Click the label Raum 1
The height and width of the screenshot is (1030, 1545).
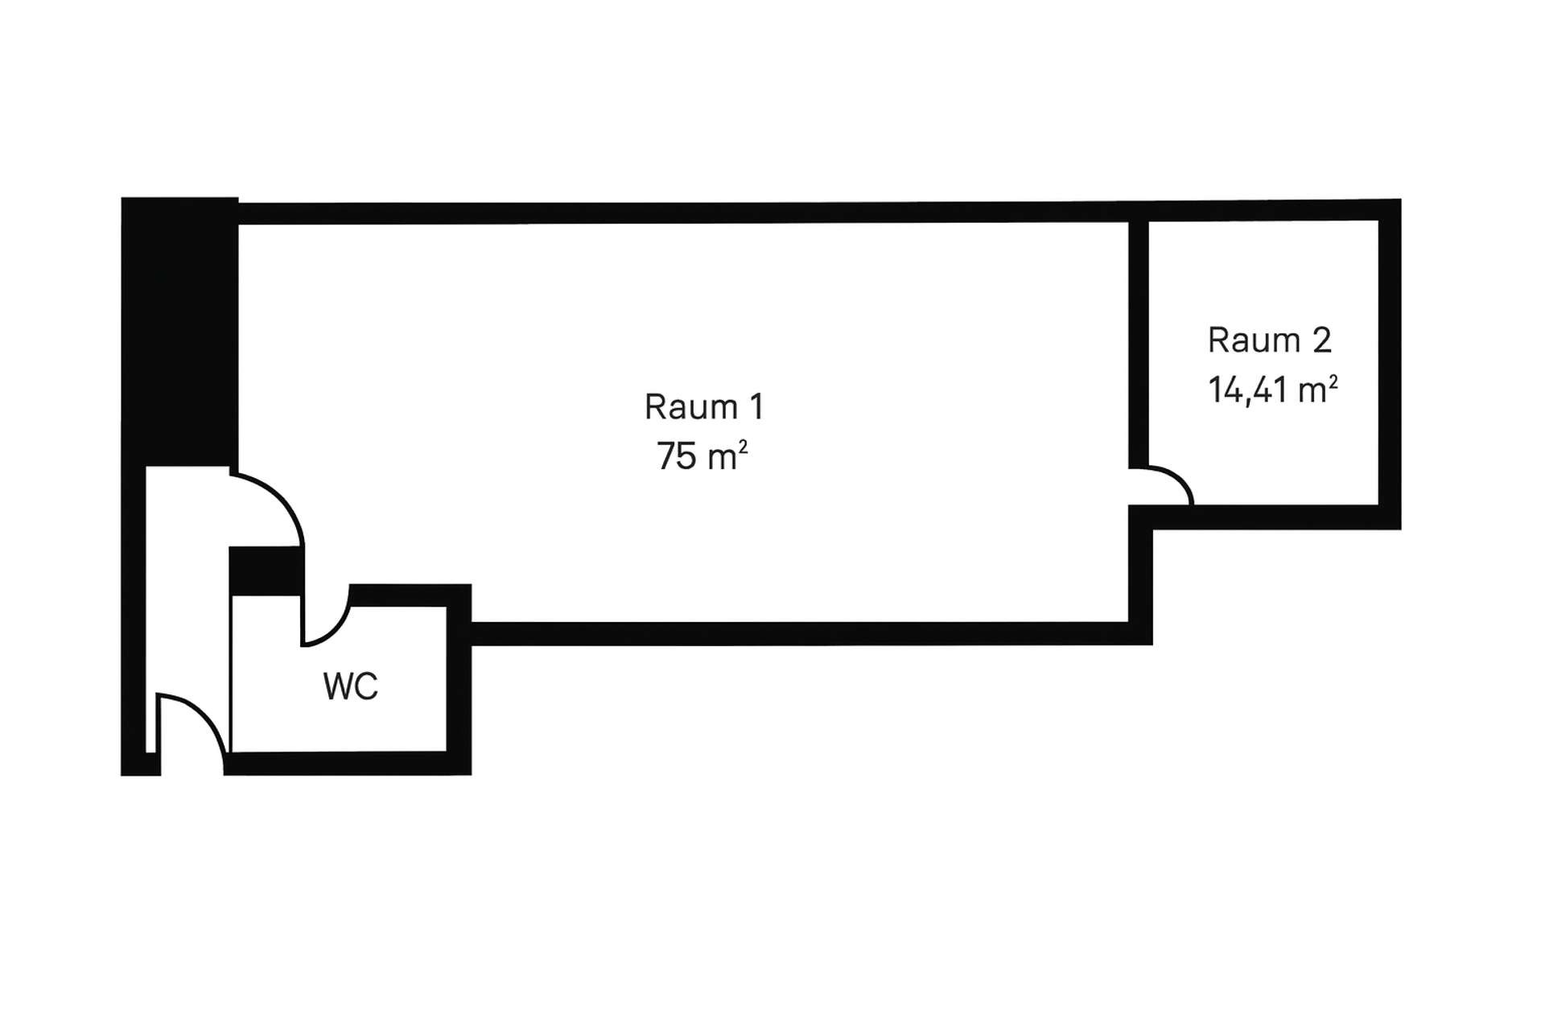pos(703,407)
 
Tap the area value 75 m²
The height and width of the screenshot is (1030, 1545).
pos(702,456)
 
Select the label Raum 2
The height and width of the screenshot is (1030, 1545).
pos(1269,340)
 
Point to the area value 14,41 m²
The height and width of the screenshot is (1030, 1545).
pos(1272,390)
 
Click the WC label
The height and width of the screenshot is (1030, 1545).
pos(350,686)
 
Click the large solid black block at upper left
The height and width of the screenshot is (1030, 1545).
pos(179,330)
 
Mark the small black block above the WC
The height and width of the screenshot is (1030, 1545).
pos(266,570)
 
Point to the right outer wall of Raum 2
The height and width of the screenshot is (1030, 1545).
pos(1390,362)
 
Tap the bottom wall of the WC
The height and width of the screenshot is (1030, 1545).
pos(346,763)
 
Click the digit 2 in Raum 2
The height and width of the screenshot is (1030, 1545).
pos(1321,340)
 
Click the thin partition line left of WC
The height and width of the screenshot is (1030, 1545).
pos(231,676)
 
